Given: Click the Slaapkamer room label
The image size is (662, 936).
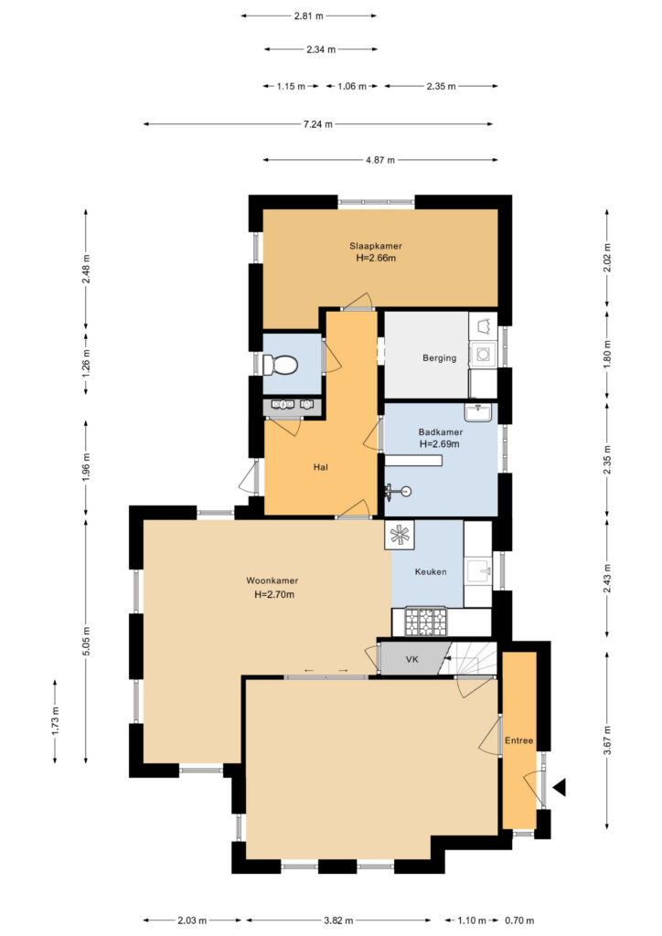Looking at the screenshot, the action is coord(376,246).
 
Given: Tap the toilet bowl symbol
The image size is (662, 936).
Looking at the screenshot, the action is coord(281,364).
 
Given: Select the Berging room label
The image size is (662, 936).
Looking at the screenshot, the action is coord(439,358).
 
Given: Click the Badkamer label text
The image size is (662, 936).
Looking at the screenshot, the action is coord(441,431).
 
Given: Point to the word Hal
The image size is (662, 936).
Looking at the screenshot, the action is coord(321,467).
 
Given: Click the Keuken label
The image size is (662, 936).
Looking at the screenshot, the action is coord(431,572).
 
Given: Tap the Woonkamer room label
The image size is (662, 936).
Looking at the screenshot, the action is coord(272,580).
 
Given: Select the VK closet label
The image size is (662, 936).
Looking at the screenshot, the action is coord(411,660).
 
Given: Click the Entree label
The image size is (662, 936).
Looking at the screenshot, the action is coord(518,740).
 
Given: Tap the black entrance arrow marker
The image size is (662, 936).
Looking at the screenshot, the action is coord(560,788).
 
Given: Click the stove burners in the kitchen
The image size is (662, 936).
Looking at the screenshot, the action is coord(425,622).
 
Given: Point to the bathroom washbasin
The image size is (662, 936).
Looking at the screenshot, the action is coord(478,412).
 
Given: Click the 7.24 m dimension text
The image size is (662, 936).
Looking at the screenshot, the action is coord(317,124).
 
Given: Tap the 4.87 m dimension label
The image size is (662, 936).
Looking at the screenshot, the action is coord(380,160).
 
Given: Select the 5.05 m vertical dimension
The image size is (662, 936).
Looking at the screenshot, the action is coord(86,642).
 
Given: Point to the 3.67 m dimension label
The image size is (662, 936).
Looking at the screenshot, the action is coord(607,740).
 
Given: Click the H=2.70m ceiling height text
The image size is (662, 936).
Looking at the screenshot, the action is coord(274,594).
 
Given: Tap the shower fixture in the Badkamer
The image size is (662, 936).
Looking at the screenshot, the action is coord(398,491).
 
